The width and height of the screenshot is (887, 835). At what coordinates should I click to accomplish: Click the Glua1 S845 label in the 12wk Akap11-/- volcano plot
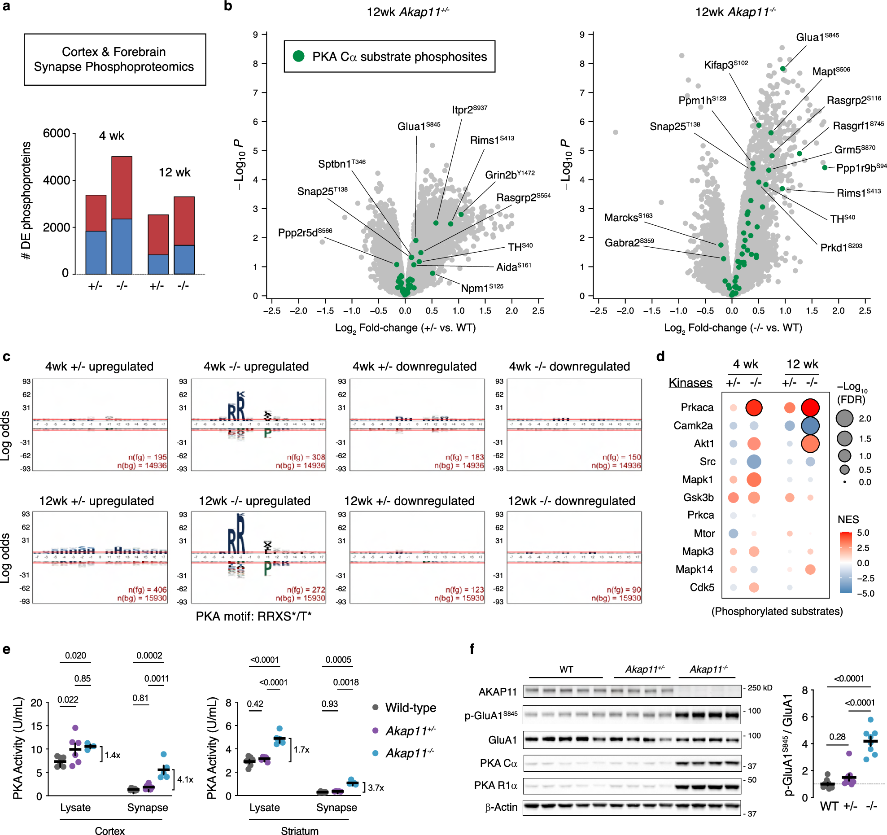[817, 37]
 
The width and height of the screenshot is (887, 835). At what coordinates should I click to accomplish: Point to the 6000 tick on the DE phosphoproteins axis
[57, 133]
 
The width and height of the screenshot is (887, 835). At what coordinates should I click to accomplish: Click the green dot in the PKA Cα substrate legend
[298, 57]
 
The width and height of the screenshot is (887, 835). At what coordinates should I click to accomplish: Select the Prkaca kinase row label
[697, 407]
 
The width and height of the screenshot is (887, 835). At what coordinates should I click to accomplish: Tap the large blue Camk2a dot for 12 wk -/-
[810, 426]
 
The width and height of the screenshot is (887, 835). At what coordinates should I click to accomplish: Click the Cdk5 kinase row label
[702, 587]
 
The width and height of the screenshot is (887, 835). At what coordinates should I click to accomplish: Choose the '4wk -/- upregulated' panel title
[256, 367]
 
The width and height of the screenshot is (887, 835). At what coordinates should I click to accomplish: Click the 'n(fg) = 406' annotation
[147, 590]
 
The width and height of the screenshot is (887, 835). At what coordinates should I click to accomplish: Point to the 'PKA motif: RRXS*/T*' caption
[253, 616]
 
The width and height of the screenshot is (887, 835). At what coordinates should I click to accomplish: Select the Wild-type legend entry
[410, 708]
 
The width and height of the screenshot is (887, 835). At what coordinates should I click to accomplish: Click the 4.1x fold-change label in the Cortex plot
[185, 779]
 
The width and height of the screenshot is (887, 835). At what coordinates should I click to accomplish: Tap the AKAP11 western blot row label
[498, 692]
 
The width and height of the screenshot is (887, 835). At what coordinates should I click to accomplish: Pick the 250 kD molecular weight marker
[760, 688]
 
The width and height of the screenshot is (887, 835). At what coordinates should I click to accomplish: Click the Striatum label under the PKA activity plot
[299, 831]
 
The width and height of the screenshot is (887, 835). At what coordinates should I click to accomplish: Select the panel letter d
[660, 357]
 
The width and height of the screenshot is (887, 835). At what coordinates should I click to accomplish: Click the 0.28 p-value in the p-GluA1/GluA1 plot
[837, 737]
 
